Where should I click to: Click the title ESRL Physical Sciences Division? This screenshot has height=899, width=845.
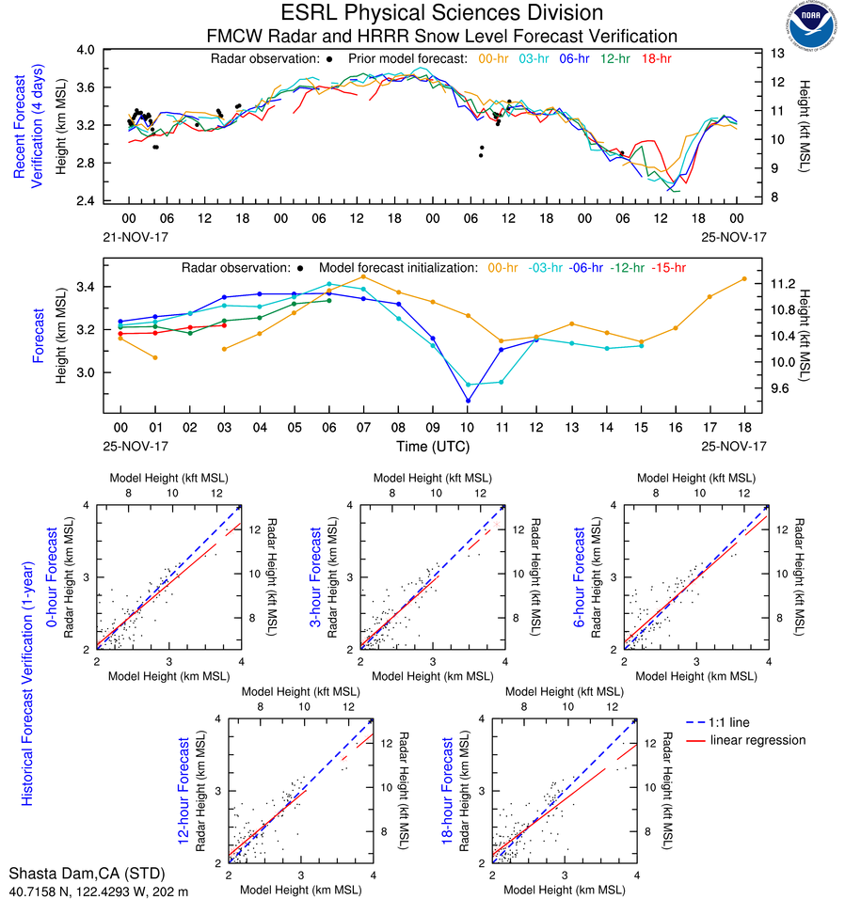(442, 13)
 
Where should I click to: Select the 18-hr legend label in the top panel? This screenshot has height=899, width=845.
(655, 58)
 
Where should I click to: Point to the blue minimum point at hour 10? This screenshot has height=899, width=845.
(468, 401)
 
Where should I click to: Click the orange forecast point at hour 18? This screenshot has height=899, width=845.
(744, 278)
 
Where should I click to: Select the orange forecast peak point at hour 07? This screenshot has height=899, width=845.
(363, 276)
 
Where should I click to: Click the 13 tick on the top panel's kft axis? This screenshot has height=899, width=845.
(777, 54)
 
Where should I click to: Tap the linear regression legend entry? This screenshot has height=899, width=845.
(757, 740)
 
